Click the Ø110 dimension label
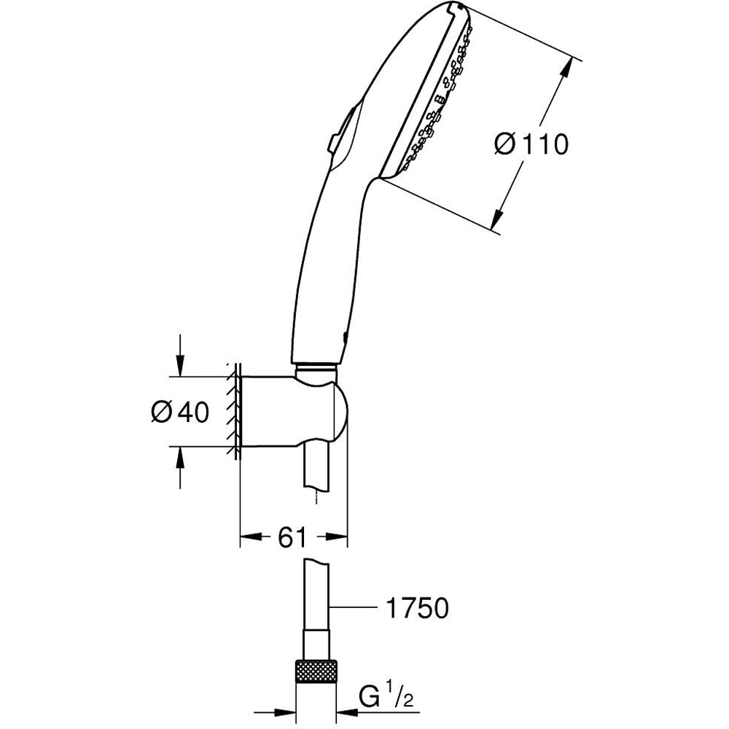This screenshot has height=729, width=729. (x=531, y=144)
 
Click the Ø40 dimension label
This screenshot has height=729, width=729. (x=179, y=413)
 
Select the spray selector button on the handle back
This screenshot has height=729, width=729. (x=339, y=131)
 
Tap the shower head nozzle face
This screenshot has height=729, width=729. (x=430, y=95)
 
